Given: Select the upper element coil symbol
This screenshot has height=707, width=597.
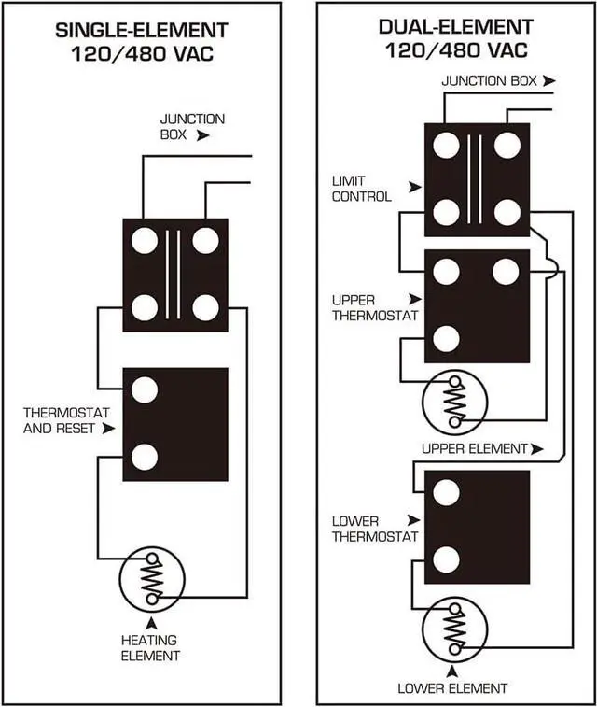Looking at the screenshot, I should point(454,403).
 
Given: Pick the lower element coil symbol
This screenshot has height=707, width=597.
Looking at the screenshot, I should point(454,629).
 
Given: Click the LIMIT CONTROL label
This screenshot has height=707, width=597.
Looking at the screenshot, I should point(361,188).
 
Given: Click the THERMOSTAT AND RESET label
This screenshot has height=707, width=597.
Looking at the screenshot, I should point(66,419).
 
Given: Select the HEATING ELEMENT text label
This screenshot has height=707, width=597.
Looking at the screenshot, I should point(151,647).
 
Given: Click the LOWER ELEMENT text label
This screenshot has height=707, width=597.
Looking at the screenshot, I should point(452,688).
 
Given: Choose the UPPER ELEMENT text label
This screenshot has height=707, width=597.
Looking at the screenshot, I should point(474,449).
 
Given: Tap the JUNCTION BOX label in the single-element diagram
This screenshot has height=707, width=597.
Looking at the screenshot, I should point(191,127).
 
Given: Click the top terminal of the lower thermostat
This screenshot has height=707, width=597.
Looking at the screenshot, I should point(447,492).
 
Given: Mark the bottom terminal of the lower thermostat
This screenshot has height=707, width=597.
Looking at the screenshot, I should point(447,559).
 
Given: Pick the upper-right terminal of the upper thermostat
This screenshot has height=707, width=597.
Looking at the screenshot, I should point(506,272).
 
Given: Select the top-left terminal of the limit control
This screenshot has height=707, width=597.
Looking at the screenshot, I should point(447,145).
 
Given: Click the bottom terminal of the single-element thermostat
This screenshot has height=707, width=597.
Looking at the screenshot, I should point(144,457).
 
